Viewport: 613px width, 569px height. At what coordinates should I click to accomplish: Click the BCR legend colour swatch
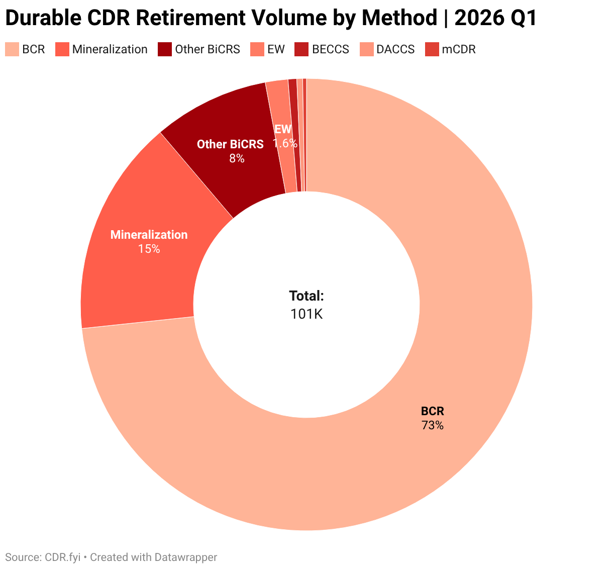[x=12, y=49]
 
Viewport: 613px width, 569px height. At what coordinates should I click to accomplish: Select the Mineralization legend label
[x=110, y=49]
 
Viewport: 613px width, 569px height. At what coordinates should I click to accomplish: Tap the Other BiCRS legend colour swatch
[x=164, y=49]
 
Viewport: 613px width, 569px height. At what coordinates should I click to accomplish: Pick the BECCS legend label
[x=331, y=49]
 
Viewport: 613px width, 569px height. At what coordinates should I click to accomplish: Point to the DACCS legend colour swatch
[x=366, y=49]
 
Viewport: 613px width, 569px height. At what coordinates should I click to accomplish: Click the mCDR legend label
[x=459, y=49]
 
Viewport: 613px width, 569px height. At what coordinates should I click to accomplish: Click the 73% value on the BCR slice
[x=433, y=425]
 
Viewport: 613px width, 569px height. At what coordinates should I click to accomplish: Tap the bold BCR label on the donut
[x=433, y=411]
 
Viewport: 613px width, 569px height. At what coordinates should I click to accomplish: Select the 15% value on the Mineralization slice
[x=149, y=249]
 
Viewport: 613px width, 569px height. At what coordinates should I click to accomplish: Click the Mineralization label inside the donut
[x=149, y=235]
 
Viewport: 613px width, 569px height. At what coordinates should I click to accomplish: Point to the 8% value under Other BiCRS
[x=237, y=158]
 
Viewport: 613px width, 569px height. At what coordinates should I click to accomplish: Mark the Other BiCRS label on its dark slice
[x=230, y=144]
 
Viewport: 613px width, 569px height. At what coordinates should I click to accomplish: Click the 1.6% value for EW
[x=285, y=143]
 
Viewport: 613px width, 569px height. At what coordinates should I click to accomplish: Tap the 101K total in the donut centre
[x=306, y=314]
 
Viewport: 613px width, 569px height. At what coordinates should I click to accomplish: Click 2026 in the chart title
[x=478, y=18]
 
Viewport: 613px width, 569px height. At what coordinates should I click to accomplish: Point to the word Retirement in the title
[x=190, y=18]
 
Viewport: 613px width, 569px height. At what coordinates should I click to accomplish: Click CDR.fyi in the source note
[x=63, y=557]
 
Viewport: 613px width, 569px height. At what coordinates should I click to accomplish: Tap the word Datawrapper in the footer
[x=186, y=557]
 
